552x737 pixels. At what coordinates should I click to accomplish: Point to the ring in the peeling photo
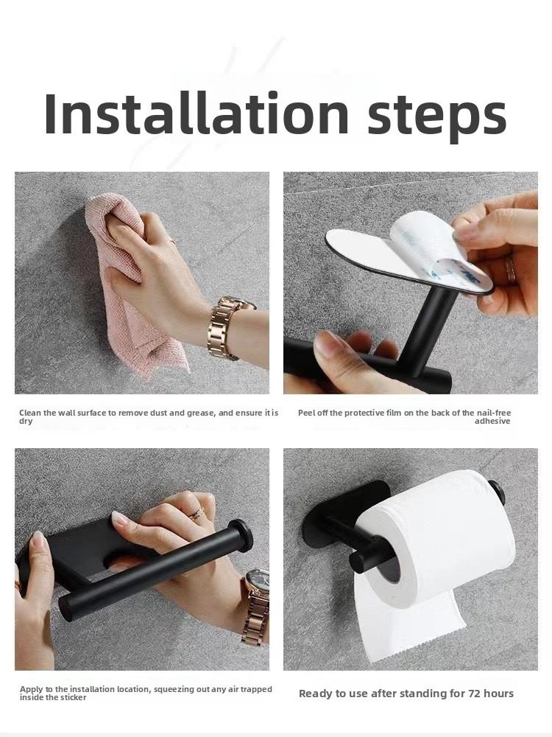click(510, 270)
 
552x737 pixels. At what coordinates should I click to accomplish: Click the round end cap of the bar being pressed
click(240, 536)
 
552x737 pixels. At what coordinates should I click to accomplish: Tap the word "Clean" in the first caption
click(30, 413)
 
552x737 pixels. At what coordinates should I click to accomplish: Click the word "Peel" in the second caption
click(307, 413)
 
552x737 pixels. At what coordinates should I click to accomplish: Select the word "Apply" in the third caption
click(32, 689)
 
